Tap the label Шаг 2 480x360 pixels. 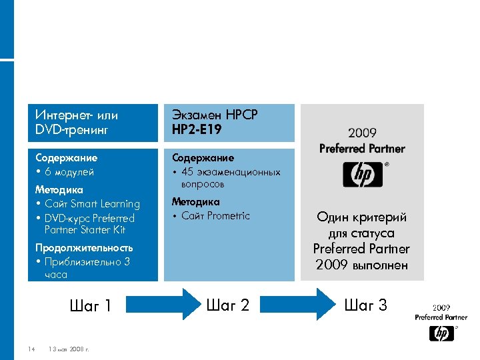(228, 305)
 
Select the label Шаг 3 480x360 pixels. (365, 305)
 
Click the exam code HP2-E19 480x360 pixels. (197, 129)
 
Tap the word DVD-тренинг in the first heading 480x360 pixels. (71, 129)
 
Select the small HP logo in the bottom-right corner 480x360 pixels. (441, 333)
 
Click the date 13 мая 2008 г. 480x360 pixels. (69, 349)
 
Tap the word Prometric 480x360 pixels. (228, 216)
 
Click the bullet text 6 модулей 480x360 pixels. (69, 172)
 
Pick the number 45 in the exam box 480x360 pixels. (188, 172)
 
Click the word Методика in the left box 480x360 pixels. (58, 190)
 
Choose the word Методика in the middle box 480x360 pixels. (195, 201)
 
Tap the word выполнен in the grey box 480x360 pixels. (383, 265)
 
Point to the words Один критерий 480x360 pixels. (361, 217)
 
